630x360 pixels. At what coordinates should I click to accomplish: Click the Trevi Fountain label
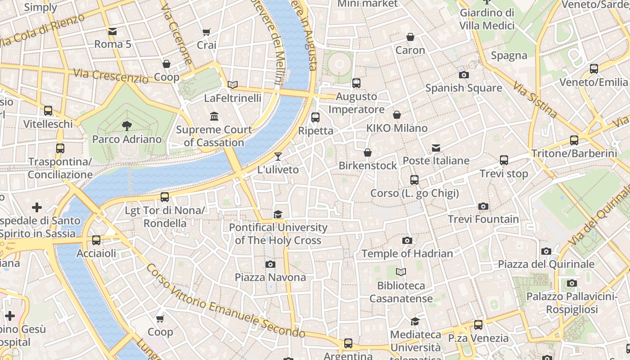[x=483, y=219]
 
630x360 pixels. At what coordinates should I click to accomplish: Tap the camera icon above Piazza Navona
[x=270, y=264]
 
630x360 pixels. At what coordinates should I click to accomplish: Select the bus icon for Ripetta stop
[x=315, y=117]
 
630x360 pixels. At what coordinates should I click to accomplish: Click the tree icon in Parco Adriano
[x=127, y=126]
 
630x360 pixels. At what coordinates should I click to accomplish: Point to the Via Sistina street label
[x=535, y=100]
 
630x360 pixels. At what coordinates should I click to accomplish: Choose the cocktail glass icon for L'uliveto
[x=278, y=156]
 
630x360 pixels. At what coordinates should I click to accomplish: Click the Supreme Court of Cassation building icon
[x=214, y=117]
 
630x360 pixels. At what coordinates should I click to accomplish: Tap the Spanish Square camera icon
[x=463, y=75]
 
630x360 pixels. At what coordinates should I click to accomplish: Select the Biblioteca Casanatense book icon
[x=400, y=272]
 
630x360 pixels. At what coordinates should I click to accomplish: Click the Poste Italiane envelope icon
[x=436, y=148]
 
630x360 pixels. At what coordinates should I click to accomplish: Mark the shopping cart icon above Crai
[x=207, y=32]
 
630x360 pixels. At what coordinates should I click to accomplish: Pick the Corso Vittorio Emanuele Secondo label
[x=225, y=301]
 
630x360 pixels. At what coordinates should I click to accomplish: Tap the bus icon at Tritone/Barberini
[x=574, y=140]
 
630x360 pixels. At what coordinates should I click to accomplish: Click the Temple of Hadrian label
[x=407, y=253]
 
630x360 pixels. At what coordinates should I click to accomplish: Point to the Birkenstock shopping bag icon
[x=368, y=153]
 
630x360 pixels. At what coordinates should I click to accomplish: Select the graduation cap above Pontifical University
[x=278, y=214]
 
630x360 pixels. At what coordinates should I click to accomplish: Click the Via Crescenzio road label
[x=111, y=76]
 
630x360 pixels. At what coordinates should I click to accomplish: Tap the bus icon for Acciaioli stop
[x=96, y=240]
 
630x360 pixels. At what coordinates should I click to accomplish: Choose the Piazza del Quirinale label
[x=546, y=264]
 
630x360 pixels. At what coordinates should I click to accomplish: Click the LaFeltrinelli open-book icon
[x=233, y=85]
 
